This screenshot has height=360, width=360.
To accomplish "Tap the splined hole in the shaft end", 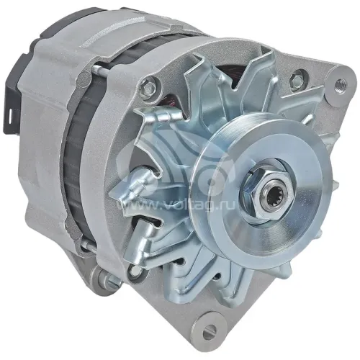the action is click(x=274, y=191).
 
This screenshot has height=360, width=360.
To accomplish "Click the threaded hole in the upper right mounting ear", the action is click(x=341, y=84).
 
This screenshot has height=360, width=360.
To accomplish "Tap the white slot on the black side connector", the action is click(x=10, y=114).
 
